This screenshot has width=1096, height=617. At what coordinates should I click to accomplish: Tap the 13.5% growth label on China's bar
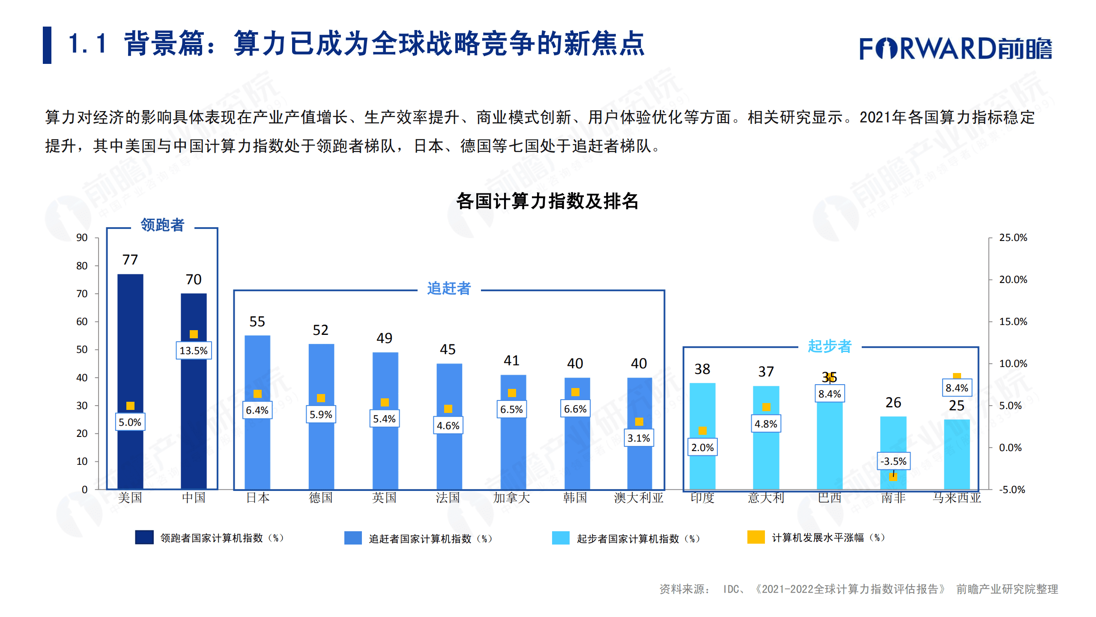point(194,351)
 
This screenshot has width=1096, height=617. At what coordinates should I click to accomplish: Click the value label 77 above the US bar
point(130,260)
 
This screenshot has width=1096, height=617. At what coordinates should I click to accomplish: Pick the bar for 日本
point(257,450)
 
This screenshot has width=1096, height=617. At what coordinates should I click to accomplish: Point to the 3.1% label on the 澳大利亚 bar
point(639,438)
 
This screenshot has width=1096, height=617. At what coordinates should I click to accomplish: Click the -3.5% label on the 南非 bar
point(893,461)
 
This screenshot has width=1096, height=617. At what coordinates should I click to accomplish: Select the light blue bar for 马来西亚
point(957,454)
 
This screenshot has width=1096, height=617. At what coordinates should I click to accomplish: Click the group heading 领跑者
point(162,225)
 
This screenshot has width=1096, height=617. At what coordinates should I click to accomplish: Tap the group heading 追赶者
point(449,289)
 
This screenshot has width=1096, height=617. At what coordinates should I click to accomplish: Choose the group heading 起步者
point(830,346)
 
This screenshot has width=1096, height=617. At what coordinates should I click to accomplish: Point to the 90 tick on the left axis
point(82,238)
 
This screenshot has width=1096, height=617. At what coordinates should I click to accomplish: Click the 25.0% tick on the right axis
point(1013,238)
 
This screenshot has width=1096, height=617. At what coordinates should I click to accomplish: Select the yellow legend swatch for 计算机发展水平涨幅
point(756,537)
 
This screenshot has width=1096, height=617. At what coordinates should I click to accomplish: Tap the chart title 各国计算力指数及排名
point(547,201)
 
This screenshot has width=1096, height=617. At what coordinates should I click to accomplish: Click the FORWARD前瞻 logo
point(956,48)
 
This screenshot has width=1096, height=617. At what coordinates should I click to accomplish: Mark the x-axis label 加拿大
point(511,498)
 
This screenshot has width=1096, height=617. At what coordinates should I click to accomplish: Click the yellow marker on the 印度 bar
point(702,430)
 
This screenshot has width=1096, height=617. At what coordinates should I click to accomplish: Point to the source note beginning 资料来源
point(858,589)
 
